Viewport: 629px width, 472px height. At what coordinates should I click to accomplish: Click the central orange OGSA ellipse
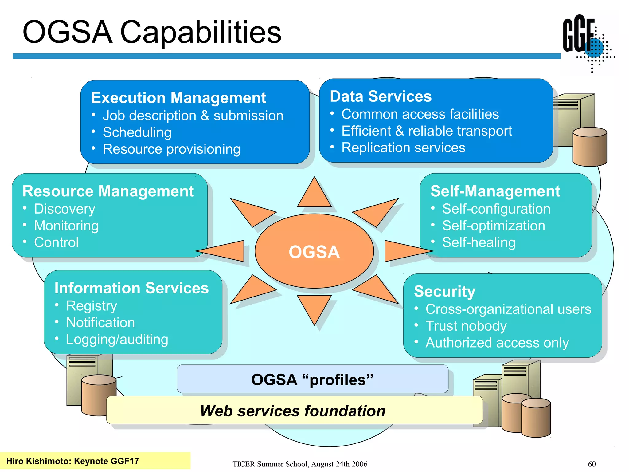click(314, 251)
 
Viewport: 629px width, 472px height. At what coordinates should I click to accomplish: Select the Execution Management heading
click(178, 98)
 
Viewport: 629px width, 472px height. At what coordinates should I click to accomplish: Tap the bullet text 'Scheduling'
click(137, 132)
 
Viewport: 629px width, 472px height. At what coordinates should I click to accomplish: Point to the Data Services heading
click(381, 96)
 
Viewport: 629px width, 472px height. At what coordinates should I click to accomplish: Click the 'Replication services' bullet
click(403, 148)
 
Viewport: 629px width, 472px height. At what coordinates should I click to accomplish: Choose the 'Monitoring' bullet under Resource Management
click(66, 226)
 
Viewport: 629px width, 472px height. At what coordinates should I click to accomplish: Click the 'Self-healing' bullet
click(479, 242)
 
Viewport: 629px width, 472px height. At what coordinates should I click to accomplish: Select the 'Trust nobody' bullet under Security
click(466, 326)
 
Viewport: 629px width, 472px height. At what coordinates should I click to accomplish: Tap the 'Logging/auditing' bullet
click(117, 340)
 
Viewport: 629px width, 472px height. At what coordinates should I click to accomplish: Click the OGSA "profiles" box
click(312, 379)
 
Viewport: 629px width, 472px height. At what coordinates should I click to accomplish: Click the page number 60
click(592, 464)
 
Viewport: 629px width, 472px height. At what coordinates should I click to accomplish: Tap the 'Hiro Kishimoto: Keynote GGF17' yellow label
click(72, 461)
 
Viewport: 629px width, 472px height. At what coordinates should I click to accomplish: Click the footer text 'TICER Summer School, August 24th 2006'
click(300, 464)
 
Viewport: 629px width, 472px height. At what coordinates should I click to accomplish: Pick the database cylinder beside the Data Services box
click(590, 147)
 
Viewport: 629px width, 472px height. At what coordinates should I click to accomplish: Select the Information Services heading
click(131, 288)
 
